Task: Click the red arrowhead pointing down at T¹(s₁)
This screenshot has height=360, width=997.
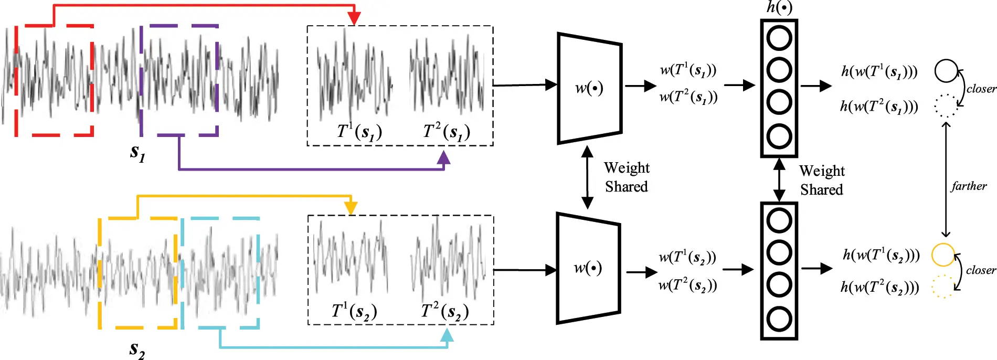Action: [x=355, y=18]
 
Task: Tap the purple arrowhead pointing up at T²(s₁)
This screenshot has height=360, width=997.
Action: [x=444, y=158]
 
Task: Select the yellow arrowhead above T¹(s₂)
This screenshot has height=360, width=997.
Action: [x=351, y=208]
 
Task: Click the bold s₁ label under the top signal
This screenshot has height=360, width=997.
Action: [x=137, y=153]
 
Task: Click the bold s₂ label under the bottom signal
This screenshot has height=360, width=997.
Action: [x=137, y=350]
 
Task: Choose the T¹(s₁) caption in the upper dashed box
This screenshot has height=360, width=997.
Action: [x=359, y=132]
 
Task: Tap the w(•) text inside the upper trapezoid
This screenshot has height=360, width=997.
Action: [x=589, y=88]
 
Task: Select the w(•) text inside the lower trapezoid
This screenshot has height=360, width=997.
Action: [x=588, y=268]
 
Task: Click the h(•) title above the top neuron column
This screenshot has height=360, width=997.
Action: [x=779, y=7]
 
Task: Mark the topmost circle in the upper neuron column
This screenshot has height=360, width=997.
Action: [x=779, y=38]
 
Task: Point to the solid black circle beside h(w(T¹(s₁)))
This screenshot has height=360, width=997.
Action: [x=946, y=71]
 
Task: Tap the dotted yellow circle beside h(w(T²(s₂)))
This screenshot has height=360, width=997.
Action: [x=942, y=287]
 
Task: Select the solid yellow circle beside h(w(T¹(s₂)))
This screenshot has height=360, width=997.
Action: [x=942, y=255]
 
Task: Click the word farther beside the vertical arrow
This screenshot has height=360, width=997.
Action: [x=969, y=186]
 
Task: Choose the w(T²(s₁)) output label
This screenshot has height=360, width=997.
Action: [x=688, y=97]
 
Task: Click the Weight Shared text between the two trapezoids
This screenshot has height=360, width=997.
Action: [x=627, y=177]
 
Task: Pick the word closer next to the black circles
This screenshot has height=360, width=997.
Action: [x=981, y=89]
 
